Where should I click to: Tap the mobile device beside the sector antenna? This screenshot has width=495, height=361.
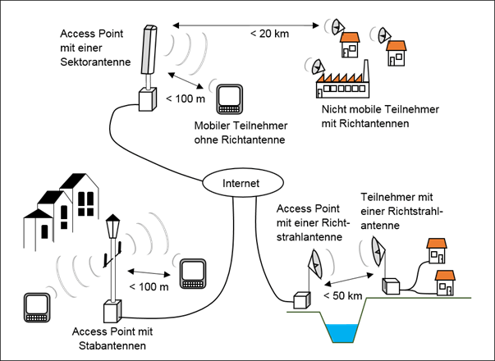(229, 98)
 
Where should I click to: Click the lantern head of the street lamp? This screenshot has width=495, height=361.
(113, 222)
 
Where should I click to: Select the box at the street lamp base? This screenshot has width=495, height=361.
(112, 312)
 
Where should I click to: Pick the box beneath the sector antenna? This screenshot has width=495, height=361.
(148, 100)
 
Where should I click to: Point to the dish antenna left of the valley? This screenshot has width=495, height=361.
(313, 263)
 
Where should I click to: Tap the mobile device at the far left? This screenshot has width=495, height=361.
(37, 306)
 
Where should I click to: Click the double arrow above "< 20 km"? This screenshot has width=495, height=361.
(246, 30)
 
